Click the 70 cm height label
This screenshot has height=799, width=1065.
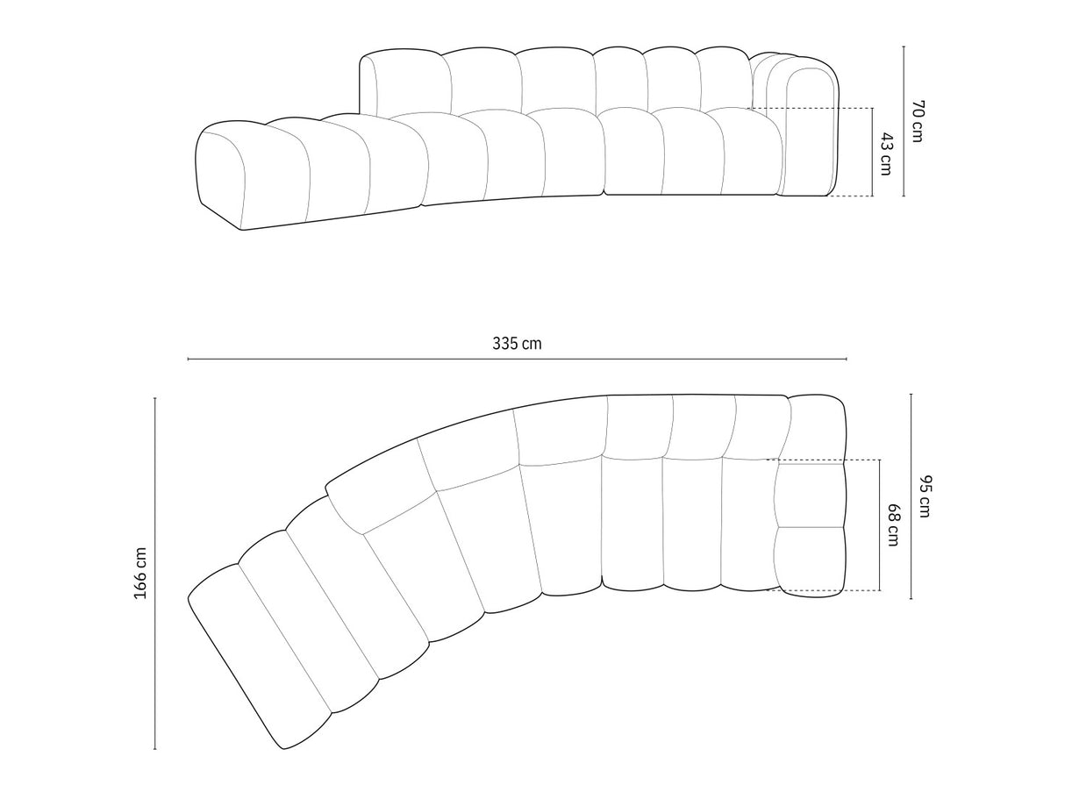(917, 122)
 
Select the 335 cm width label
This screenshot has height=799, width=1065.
(517, 343)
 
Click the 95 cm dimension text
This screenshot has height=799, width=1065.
(925, 496)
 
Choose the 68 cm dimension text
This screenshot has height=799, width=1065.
(893, 525)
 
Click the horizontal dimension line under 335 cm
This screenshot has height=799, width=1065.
(517, 359)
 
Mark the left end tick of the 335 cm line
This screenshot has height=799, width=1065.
(188, 359)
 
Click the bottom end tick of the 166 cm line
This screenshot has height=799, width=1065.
(155, 749)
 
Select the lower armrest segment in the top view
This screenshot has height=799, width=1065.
(810, 560)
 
